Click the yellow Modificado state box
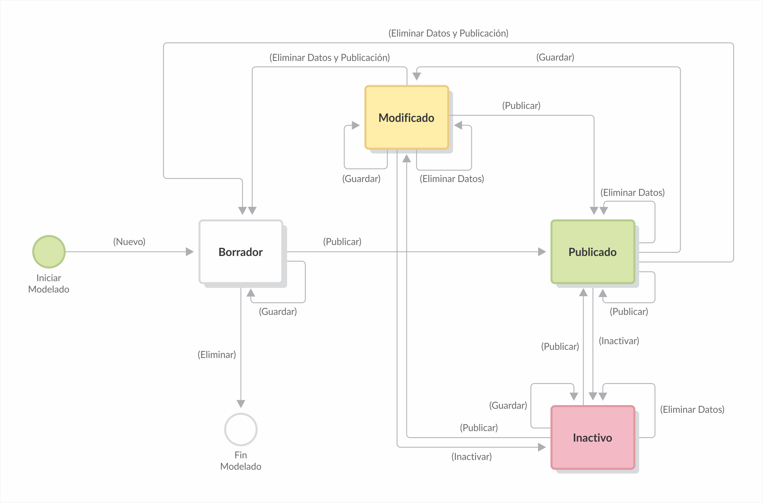tap(406, 117)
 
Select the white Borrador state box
tap(241, 252)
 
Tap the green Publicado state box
tap(592, 252)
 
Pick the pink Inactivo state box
tap(592, 438)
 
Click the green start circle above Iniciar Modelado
tap(49, 252)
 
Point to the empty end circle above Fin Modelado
tap(241, 429)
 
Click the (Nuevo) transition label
tap(129, 242)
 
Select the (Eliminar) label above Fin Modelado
tap(216, 355)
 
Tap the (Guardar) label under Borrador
tap(278, 312)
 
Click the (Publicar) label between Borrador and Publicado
tap(342, 242)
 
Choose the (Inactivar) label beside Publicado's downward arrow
tap(619, 341)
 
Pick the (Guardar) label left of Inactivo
tap(508, 405)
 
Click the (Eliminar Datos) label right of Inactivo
tap(692, 410)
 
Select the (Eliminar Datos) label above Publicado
tap(632, 193)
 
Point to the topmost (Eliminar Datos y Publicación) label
tap(448, 33)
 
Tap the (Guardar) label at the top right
tap(555, 57)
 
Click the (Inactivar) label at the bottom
tap(471, 457)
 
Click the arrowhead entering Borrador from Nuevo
tap(190, 252)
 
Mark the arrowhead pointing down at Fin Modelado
tap(241, 403)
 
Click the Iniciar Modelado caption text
tap(49, 284)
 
